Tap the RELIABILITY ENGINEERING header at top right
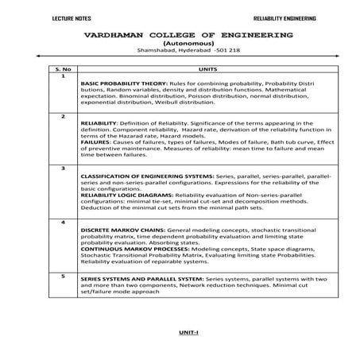[284, 17]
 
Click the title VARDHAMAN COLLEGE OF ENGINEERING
[180, 35]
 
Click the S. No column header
[61, 70]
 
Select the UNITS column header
[210, 70]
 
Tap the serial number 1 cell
[61, 76]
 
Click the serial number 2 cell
[61, 117]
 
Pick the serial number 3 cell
[61, 168]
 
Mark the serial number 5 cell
[61, 274]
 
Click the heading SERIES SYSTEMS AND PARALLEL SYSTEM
[142, 281]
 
